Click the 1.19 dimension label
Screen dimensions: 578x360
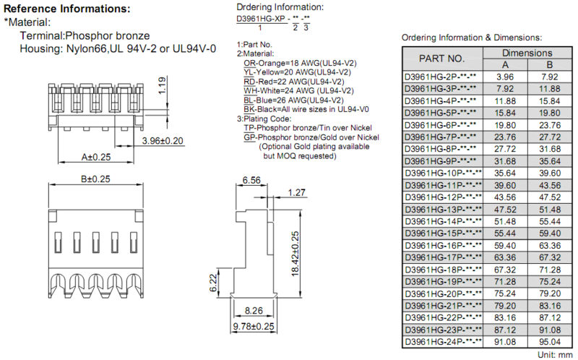click(162, 85)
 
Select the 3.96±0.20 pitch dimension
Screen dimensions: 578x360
click(163, 141)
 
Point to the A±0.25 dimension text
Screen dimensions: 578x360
click(96, 157)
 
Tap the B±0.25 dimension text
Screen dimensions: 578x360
click(95, 179)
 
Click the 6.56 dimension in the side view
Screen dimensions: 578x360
click(251, 180)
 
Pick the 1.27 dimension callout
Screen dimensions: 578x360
click(296, 192)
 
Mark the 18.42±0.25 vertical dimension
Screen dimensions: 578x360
click(295, 254)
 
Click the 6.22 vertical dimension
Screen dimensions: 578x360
click(213, 283)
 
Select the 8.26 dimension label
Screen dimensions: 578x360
click(254, 311)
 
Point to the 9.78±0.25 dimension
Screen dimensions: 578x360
click(254, 327)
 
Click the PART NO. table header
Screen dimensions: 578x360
click(441, 59)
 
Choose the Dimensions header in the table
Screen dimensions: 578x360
click(527, 53)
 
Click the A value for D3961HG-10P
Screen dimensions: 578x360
click(505, 173)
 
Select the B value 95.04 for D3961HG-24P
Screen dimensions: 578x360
click(550, 342)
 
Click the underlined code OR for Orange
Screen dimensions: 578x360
click(249, 63)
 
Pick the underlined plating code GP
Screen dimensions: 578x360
click(249, 137)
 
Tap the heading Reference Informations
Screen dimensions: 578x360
click(66, 9)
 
